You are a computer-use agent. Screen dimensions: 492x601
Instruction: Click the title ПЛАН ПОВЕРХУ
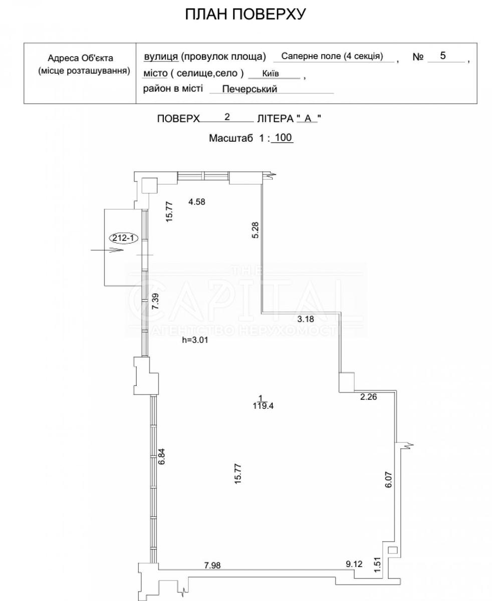click(245, 14)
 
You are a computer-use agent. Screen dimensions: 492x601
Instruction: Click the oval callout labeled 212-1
click(123, 238)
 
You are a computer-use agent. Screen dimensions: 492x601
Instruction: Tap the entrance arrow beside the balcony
click(107, 250)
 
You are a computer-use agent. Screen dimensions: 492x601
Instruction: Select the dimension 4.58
click(197, 202)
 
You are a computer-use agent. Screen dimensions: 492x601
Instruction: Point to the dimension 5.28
click(256, 230)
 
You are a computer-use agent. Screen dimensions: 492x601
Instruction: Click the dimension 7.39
click(155, 301)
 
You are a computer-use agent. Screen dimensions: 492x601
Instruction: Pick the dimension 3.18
click(306, 319)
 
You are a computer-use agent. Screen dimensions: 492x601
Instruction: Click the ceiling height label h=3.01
click(195, 340)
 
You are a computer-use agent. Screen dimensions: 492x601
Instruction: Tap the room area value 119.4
click(263, 406)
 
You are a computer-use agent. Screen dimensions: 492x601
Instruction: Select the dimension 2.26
click(368, 396)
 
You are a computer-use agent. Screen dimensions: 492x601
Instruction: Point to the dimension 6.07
click(388, 480)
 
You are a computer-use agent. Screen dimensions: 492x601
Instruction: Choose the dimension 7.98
click(212, 565)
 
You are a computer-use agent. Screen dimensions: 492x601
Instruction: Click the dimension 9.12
click(354, 564)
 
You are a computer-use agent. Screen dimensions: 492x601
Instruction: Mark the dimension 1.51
click(377, 564)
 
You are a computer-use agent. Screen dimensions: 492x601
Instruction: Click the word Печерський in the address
click(250, 89)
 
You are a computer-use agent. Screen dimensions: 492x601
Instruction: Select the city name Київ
click(270, 74)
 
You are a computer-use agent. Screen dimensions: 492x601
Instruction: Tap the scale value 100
click(284, 138)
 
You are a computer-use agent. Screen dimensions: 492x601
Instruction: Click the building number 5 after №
click(442, 56)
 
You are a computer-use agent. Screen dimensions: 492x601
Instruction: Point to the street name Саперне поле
click(311, 56)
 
